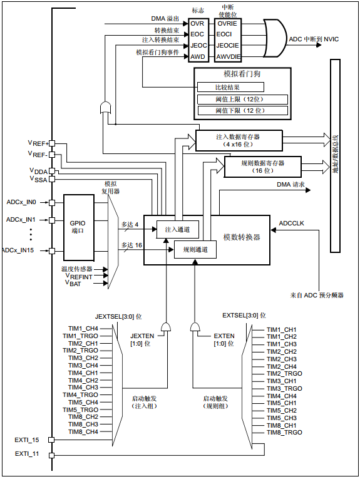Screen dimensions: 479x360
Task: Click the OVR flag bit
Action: click(197, 23)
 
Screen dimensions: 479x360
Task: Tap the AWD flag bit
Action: click(197, 57)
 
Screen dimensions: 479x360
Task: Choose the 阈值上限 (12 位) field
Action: click(242, 99)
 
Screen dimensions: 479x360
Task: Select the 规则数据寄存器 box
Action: click(254, 166)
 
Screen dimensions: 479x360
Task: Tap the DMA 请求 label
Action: click(291, 185)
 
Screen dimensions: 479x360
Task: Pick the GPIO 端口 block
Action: click(78, 227)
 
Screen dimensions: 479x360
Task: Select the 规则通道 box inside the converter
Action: click(195, 249)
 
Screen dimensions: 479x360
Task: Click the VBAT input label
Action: click(74, 282)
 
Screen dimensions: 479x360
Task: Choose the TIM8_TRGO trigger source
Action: click(285, 433)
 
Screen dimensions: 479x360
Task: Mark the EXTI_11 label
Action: click(26, 453)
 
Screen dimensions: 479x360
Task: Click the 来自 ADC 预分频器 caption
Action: click(317, 294)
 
